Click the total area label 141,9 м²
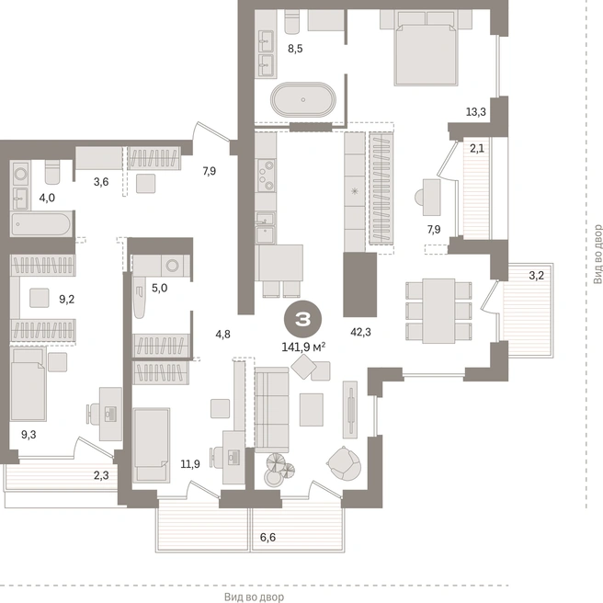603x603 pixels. click(x=304, y=347)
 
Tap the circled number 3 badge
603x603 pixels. click(x=302, y=319)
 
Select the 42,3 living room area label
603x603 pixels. click(x=360, y=332)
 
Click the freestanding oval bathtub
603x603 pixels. click(x=303, y=99)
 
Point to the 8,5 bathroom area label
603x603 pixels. click(x=295, y=49)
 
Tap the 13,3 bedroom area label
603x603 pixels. click(x=476, y=112)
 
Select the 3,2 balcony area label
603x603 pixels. click(x=536, y=276)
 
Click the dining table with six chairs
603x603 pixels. click(x=438, y=311)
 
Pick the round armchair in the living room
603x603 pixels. click(x=344, y=463)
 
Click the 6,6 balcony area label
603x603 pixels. click(x=267, y=537)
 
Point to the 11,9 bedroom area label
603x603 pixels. click(x=190, y=464)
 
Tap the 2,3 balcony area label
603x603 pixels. click(x=101, y=476)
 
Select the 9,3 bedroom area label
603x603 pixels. click(x=28, y=435)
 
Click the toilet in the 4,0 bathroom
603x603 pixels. click(x=52, y=172)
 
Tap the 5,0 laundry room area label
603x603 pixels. click(x=159, y=288)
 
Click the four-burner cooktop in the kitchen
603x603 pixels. click(x=266, y=176)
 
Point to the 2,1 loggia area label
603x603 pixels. click(x=477, y=148)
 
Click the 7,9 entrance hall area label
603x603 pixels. click(x=210, y=171)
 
